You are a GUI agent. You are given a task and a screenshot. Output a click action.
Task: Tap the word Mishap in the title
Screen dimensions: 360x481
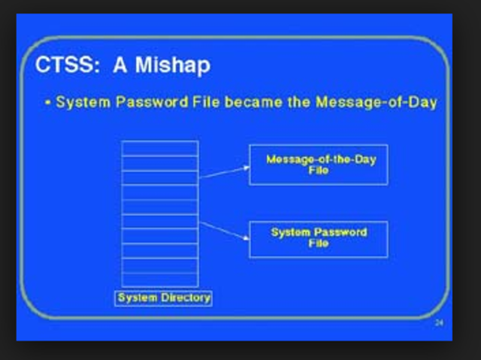(173, 65)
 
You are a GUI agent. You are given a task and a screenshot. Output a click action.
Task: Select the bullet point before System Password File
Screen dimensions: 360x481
(59, 101)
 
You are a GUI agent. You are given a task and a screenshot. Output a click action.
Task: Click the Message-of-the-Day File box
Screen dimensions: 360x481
(318, 165)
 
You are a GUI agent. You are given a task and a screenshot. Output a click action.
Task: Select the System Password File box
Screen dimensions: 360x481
(318, 238)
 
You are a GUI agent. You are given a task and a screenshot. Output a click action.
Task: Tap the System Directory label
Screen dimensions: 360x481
(163, 298)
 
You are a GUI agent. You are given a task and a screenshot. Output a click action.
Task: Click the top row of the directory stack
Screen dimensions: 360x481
(160, 148)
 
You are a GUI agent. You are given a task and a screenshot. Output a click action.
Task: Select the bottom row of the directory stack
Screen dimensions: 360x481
(160, 279)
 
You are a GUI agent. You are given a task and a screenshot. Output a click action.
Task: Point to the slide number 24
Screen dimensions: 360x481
(439, 322)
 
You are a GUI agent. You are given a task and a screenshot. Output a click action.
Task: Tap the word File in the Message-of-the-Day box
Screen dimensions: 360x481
(318, 171)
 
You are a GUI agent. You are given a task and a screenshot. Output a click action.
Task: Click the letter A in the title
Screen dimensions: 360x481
(121, 65)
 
